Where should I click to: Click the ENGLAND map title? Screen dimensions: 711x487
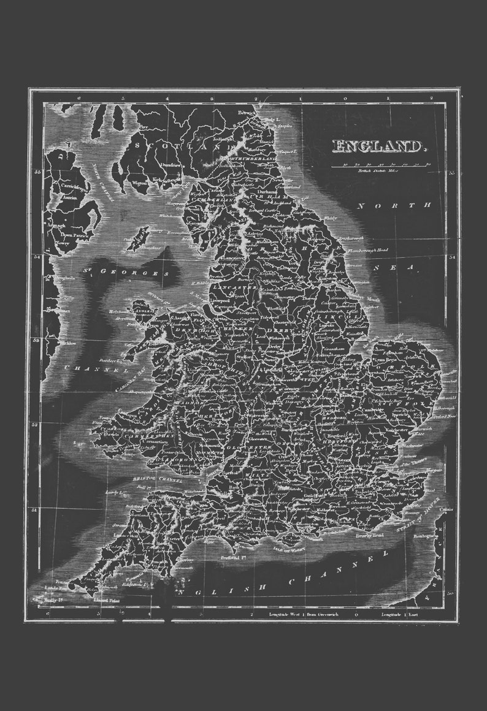(x=378, y=146)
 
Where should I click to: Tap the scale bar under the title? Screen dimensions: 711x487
(x=380, y=165)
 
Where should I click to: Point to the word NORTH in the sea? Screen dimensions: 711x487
(x=386, y=206)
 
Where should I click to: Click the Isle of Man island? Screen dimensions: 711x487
(x=137, y=238)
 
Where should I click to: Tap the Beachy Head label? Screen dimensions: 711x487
(x=370, y=535)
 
